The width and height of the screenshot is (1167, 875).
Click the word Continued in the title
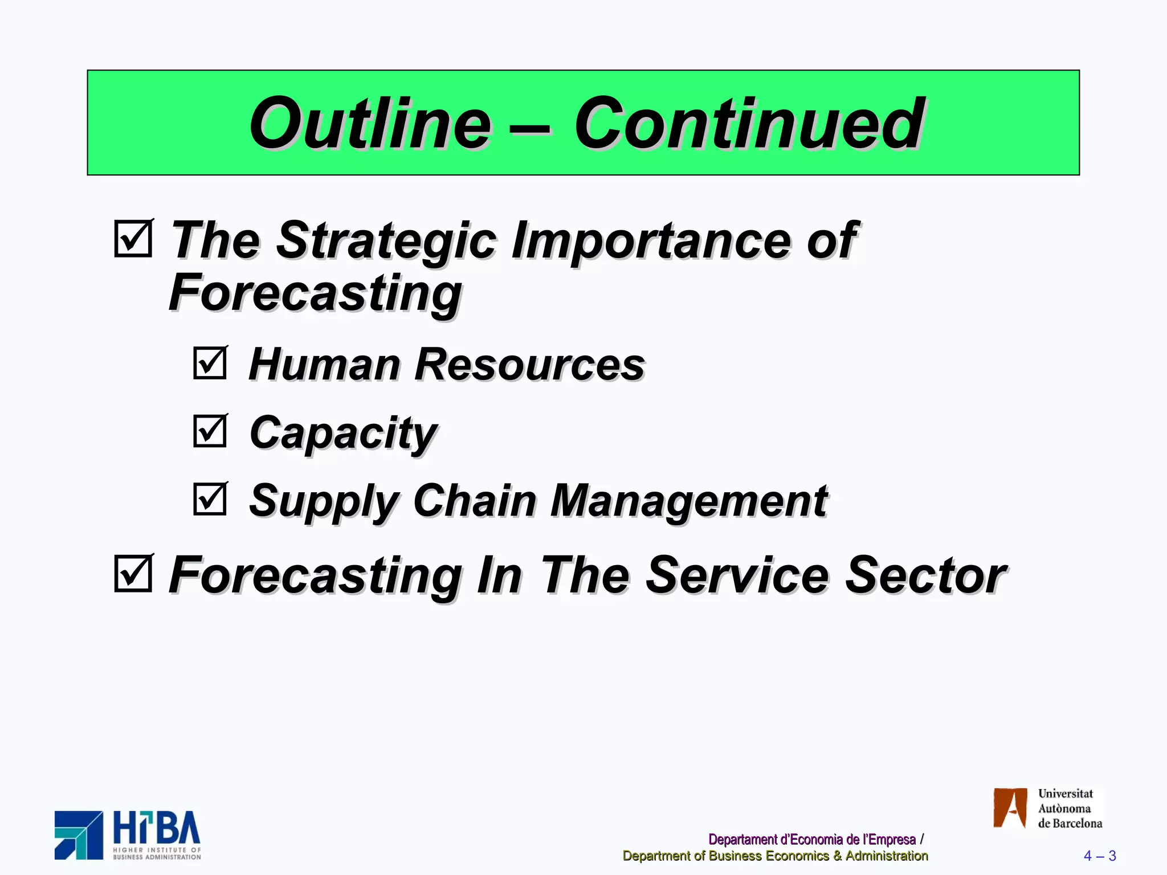[x=749, y=124]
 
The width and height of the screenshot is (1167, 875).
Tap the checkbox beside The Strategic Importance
[x=133, y=239]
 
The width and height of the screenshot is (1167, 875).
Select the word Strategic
[x=386, y=241]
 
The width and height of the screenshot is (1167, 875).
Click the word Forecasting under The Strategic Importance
[x=315, y=293]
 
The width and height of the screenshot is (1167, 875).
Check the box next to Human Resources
[x=210, y=363]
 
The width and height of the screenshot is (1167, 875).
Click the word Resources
[x=529, y=365]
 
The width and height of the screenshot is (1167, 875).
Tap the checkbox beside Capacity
[x=210, y=431]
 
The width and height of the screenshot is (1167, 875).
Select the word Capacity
[x=343, y=433]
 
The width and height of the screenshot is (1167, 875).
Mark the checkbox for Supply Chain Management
[x=210, y=499]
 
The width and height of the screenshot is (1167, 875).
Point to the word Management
[x=689, y=501]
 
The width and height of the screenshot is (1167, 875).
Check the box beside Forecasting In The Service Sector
[x=133, y=574]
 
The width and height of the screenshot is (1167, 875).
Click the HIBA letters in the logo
[x=157, y=828]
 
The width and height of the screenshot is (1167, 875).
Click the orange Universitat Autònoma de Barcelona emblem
[x=1010, y=808]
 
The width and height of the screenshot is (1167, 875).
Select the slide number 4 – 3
[x=1099, y=856]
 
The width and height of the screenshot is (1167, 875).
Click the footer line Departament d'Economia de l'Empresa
[x=811, y=840]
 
